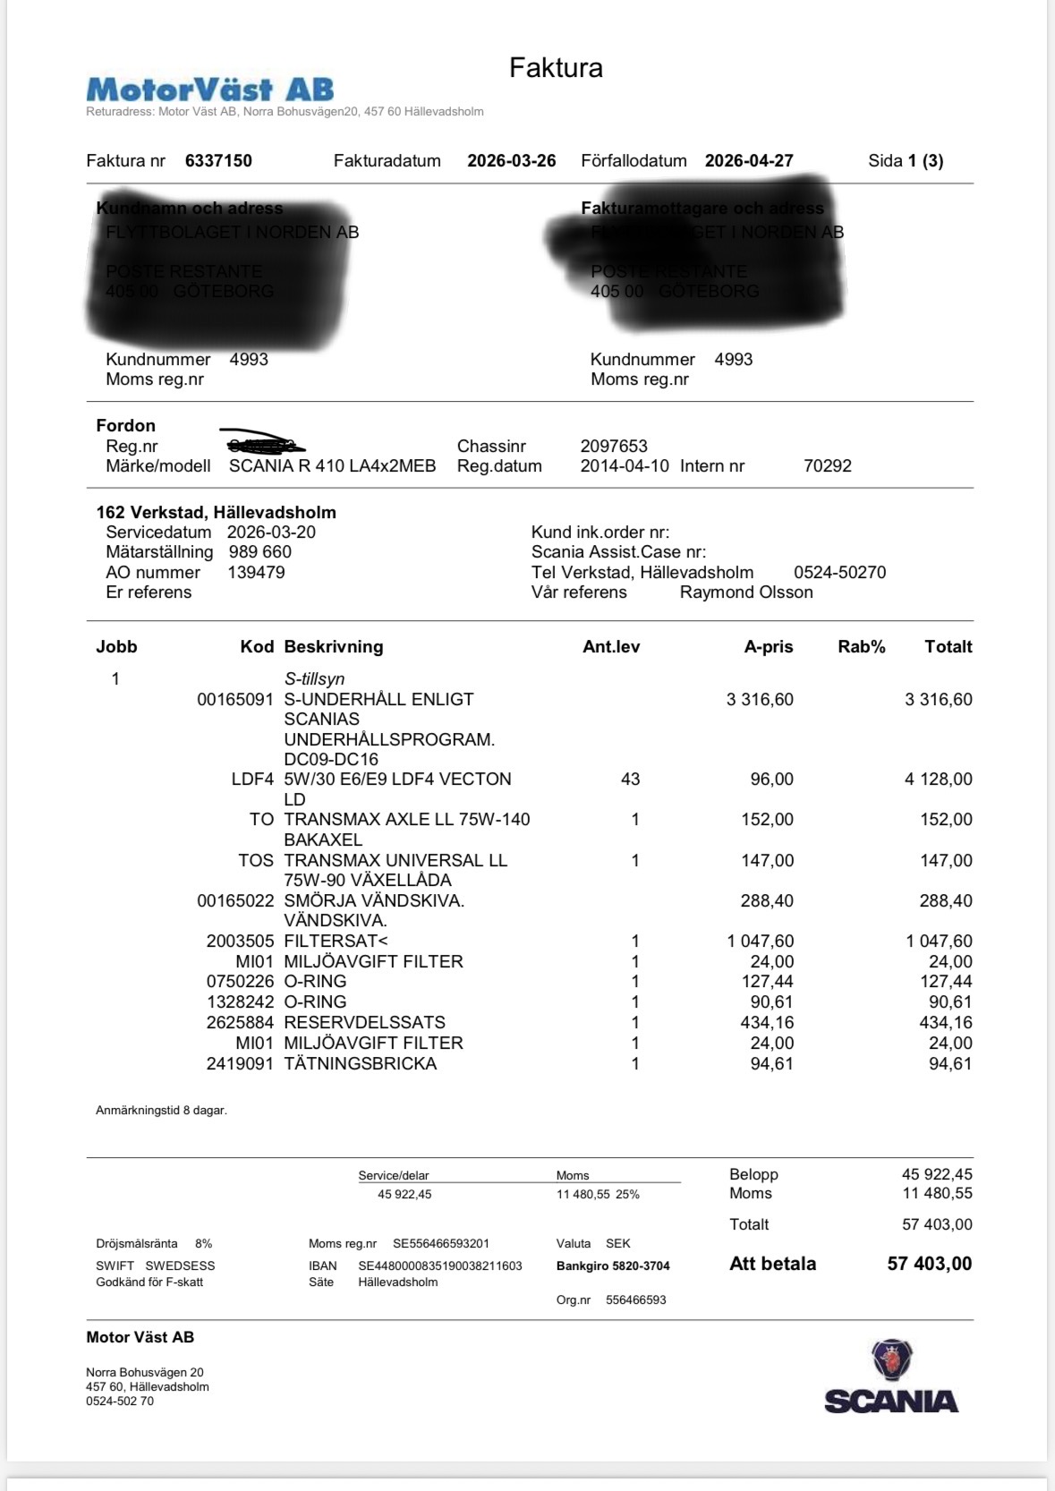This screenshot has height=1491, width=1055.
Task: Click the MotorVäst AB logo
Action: [210, 89]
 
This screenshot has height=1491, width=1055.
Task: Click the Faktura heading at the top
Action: [556, 68]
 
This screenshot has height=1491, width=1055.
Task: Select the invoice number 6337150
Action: [218, 161]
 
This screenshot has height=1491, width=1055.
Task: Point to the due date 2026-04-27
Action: [749, 161]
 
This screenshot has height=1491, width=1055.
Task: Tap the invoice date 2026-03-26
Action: [512, 161]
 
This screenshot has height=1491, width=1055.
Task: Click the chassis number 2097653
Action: [614, 446]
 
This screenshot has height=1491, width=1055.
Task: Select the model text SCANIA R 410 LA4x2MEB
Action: [333, 466]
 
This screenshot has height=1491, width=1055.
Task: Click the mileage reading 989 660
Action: [260, 552]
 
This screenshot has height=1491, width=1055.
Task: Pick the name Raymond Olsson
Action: [746, 592]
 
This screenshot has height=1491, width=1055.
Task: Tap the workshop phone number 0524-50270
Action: [839, 573]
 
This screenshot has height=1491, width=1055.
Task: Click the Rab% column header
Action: [861, 647]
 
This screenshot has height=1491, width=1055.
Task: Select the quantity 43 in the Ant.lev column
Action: [630, 780]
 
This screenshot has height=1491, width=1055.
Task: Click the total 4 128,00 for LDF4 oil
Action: [938, 780]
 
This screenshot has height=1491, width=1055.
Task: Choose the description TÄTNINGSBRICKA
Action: [361, 1064]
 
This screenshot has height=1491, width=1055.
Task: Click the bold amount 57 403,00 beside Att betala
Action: [929, 1264]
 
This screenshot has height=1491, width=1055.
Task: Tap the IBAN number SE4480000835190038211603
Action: [440, 1266]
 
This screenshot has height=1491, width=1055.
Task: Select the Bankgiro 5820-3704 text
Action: [613, 1266]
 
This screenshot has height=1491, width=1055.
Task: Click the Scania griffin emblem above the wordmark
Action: [891, 1360]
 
